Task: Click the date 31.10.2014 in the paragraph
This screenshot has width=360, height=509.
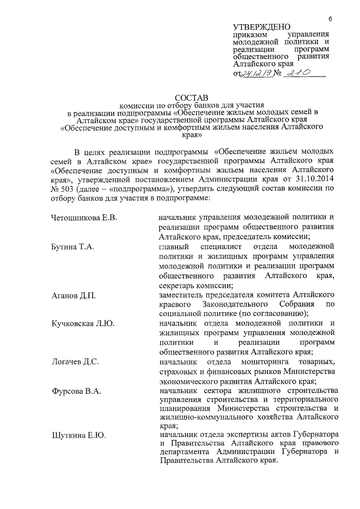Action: pyautogui.click(x=317, y=179)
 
